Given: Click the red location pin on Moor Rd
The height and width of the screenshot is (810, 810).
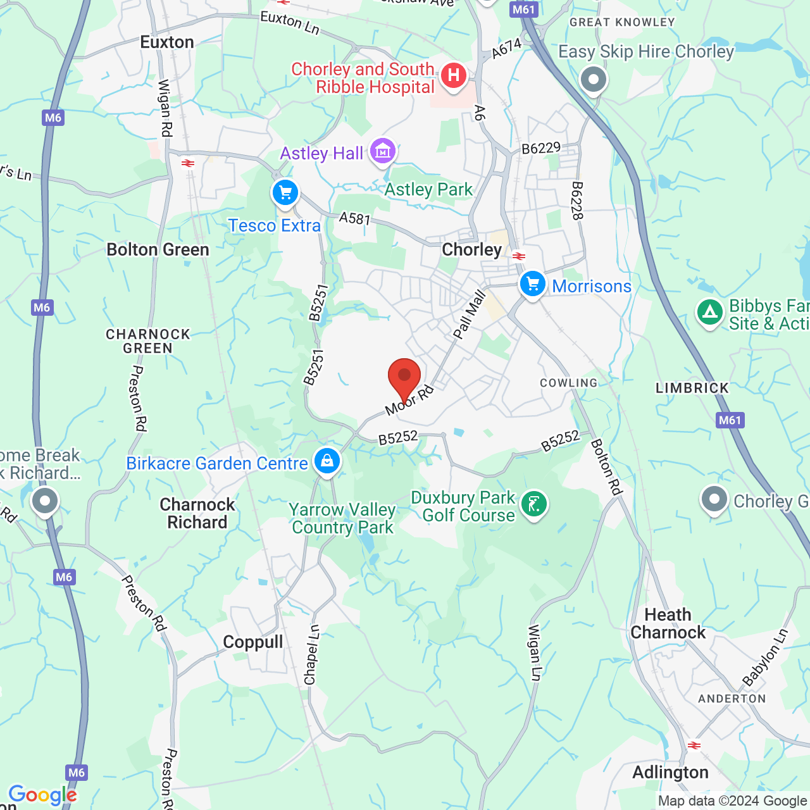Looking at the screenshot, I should pos(404,377).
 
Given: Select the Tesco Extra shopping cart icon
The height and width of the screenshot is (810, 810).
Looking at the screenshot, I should pos(285,192).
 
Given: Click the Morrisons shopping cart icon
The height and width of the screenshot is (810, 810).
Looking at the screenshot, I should pos(532,284).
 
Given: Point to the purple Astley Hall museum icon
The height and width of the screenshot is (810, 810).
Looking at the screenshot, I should pos(383,151).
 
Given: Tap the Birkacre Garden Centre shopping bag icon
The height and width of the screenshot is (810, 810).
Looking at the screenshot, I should pos(327,461).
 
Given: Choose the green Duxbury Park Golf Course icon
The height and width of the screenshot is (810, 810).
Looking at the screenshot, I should pos(534,505).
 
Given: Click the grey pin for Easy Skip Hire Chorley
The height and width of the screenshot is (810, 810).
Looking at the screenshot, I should pos(594,80).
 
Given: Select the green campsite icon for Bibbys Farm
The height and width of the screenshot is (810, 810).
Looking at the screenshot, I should pos(710,313).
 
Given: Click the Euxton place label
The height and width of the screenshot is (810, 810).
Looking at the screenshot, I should pos(167,42).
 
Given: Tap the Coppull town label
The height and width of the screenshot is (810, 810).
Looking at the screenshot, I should pos(253,642).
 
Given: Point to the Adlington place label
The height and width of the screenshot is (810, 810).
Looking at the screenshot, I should pos(671,773).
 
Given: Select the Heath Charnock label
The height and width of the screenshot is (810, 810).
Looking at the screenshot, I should pos(668,623).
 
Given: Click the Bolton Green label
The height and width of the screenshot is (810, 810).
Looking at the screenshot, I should pos(158,250).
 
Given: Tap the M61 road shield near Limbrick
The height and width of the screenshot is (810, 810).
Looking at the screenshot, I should pos(730,420).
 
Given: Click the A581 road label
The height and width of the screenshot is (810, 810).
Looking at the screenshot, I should pos(354,219).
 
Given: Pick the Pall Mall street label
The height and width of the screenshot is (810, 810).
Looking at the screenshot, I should pos(470,315).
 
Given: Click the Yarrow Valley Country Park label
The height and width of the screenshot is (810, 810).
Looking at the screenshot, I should pos(343,518).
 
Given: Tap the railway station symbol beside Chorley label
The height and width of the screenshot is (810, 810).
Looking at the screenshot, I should pos(519,256).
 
